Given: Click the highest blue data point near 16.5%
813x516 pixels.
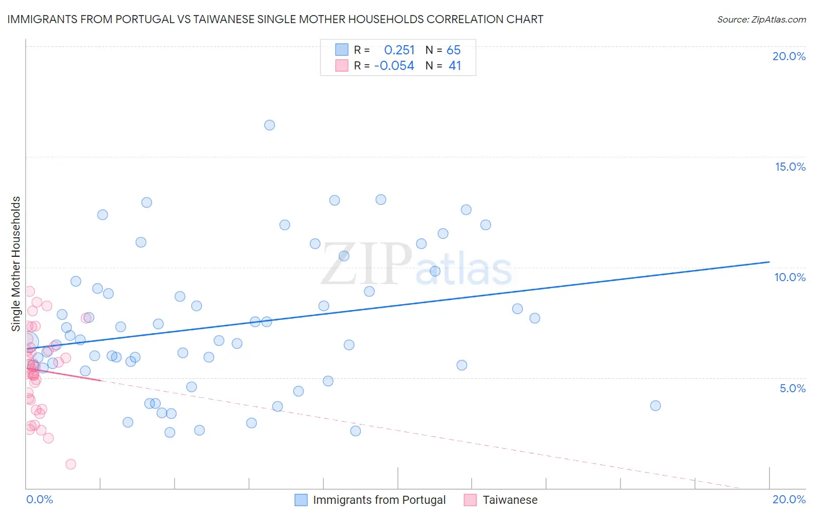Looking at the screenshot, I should click(x=269, y=125).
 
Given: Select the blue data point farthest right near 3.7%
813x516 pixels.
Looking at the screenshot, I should click(x=655, y=406).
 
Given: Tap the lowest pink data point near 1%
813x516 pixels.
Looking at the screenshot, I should click(x=71, y=464).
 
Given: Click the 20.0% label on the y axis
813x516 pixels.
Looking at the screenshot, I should click(x=789, y=56).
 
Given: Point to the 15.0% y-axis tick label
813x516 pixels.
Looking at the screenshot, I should click(x=790, y=167).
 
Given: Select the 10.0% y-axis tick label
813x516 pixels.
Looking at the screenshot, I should click(x=790, y=277).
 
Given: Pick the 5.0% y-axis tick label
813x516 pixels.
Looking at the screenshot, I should click(x=792, y=388).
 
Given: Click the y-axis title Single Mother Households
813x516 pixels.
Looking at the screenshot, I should click(x=16, y=264).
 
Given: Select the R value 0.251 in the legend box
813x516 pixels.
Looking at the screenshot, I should click(x=399, y=50).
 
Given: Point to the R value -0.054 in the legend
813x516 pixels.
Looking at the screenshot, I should click(x=394, y=66).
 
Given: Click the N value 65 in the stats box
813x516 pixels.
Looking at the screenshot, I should click(x=453, y=50).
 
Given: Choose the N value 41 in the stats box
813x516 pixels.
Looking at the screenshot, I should click(x=454, y=66).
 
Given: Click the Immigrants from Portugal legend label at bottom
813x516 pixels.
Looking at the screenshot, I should click(x=379, y=500).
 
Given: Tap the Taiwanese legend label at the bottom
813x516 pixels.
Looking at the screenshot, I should click(x=510, y=500).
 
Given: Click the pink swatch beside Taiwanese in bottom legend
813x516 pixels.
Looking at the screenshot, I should click(x=470, y=500).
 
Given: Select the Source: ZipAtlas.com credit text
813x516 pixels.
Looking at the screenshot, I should click(x=761, y=20).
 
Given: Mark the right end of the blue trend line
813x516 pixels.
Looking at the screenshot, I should click(x=769, y=262).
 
